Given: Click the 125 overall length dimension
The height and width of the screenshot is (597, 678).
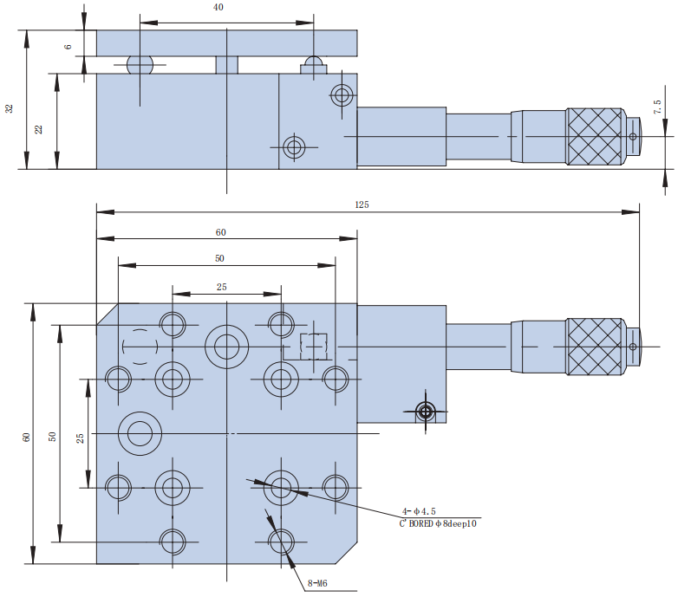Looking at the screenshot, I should click(362, 205).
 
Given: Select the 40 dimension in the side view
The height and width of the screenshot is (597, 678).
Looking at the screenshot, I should click(218, 7).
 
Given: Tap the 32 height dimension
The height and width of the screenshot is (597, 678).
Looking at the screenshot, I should click(10, 108).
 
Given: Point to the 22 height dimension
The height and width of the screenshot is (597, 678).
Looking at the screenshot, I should click(38, 128).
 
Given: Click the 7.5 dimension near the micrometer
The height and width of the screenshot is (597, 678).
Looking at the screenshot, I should click(656, 107).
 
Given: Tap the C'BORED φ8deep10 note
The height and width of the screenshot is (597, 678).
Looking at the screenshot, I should click(438, 522).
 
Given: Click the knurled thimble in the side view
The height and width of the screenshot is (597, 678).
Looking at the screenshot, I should click(596, 136).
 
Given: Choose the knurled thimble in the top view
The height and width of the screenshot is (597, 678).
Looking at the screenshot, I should click(596, 346).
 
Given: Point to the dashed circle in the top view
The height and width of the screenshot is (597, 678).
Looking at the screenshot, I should click(140, 347).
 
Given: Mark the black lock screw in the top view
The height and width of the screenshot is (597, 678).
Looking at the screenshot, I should click(425, 411).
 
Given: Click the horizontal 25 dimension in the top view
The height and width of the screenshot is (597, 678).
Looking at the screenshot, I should click(222, 286).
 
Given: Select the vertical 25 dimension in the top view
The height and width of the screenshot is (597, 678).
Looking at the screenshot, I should click(80, 438).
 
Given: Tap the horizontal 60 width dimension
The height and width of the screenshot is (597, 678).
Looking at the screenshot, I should click(221, 232).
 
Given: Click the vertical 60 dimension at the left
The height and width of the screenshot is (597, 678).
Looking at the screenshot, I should click(26, 438).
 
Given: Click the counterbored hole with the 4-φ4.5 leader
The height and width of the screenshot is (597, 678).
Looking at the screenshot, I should click(280, 487).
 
